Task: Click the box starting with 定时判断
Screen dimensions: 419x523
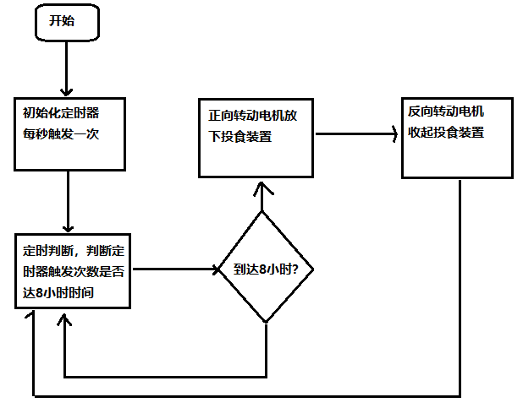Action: coord(73,270)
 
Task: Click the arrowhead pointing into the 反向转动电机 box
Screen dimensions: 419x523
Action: coord(394,133)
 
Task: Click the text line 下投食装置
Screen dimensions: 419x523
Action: coord(240,136)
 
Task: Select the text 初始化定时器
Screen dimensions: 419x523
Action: coord(62,112)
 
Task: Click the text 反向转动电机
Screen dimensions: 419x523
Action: coord(446,111)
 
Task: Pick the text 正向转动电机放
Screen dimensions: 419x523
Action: coord(252,115)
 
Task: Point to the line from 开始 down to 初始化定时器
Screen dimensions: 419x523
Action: coord(67,63)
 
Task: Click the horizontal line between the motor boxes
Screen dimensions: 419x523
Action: coord(355,133)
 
